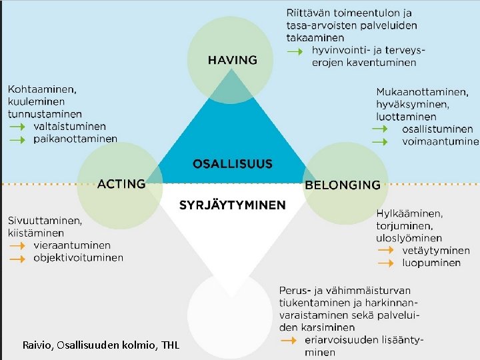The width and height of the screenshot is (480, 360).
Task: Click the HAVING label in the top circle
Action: click(x=232, y=60)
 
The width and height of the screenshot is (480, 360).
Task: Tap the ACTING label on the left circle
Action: click(x=121, y=183)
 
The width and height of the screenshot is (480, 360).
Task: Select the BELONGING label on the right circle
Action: click(x=342, y=185)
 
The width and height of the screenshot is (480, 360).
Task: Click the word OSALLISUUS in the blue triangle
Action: click(x=232, y=163)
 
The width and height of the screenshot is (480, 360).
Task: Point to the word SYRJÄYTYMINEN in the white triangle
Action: click(x=232, y=205)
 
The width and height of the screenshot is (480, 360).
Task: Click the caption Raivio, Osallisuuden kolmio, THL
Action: click(x=101, y=345)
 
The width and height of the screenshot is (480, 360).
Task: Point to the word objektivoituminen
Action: click(x=78, y=257)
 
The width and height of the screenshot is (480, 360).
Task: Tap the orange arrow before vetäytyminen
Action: click(x=385, y=251)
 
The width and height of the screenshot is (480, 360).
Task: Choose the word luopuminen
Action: click(x=431, y=263)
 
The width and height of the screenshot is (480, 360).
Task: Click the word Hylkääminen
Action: click(x=409, y=213)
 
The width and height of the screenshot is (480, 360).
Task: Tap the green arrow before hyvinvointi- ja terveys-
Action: click(x=295, y=51)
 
